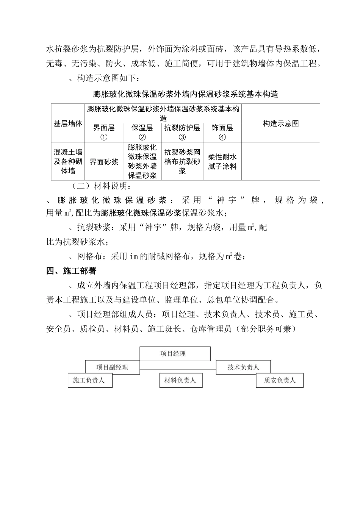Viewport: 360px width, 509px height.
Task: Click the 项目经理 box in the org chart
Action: tap(175, 354)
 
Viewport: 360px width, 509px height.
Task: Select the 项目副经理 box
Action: tap(112, 367)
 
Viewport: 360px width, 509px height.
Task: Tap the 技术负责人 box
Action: tap(243, 367)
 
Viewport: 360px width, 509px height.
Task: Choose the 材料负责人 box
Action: tap(180, 380)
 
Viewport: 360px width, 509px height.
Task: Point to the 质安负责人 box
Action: tap(280, 380)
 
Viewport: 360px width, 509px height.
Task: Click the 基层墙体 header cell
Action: tap(68, 123)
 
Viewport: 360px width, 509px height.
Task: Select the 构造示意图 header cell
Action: tap(280, 123)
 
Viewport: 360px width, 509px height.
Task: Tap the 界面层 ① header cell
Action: tap(104, 132)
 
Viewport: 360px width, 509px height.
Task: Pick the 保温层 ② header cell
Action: tap(142, 132)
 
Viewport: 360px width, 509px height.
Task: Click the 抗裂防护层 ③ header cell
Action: tap(182, 132)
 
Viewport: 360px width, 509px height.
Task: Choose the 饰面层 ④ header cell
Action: tap(222, 132)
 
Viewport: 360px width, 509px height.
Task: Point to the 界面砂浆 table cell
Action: tap(104, 162)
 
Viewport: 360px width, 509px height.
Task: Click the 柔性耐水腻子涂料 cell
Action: tap(222, 162)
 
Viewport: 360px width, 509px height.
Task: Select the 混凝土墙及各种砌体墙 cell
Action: tap(68, 162)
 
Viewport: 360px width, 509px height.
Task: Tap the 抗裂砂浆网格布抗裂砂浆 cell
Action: tap(182, 162)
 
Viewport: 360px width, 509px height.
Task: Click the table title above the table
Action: tap(185, 94)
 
